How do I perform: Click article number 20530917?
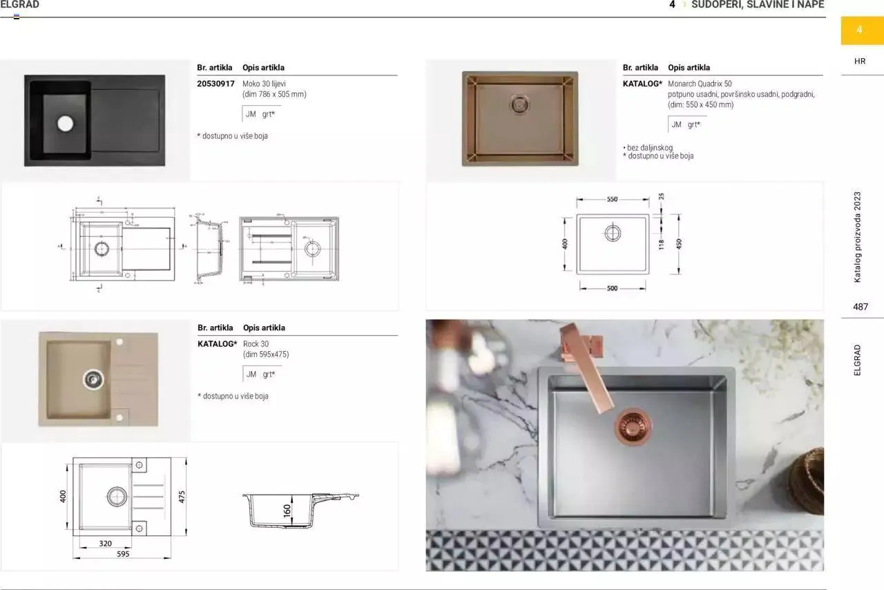[x=215, y=84]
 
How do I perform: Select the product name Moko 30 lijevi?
[x=266, y=84]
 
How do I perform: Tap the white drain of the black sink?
[x=65, y=124]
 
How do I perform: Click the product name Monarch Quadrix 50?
[x=700, y=84]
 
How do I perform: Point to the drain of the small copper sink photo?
[x=520, y=105]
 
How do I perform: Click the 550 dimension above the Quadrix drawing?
[x=612, y=199]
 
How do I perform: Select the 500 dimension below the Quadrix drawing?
[x=612, y=289]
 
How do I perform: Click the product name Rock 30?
[x=256, y=344]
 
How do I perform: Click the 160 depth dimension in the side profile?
[x=287, y=511]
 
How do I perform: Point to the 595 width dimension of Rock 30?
[x=123, y=554]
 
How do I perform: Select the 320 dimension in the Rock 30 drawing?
[x=105, y=544]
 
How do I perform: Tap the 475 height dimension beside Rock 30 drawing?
[x=182, y=496]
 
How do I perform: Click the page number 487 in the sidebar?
[x=860, y=307]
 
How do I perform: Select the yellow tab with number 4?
[x=860, y=30]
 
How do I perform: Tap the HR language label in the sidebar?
[x=860, y=61]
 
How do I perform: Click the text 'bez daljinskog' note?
[x=649, y=148]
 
